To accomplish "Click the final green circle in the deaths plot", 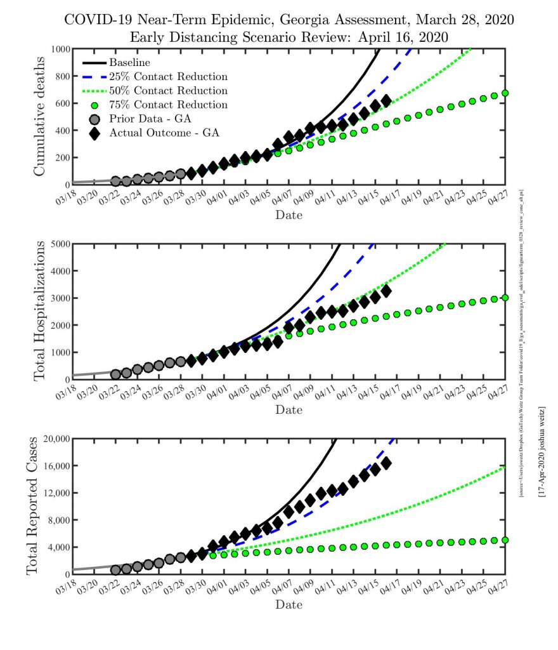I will pyautogui.click(x=505, y=93).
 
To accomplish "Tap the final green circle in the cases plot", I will pyautogui.click(x=505, y=540).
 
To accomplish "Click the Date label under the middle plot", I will pyautogui.click(x=289, y=410).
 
